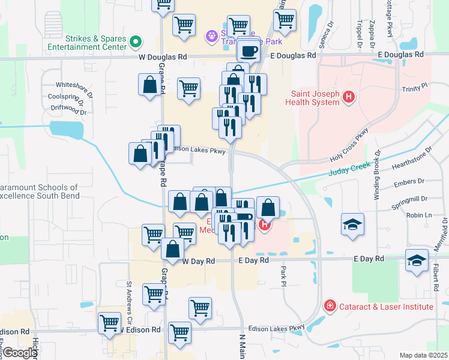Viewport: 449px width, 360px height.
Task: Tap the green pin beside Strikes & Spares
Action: click(x=136, y=42)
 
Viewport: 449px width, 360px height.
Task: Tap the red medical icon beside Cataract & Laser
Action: click(x=330, y=307)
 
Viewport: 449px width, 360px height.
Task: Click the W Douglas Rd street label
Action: click(x=163, y=56)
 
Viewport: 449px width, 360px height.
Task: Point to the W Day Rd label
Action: click(x=198, y=261)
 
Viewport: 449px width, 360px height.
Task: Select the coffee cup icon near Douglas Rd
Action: click(x=249, y=51)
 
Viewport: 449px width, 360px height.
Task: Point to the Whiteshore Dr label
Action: click(x=74, y=85)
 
